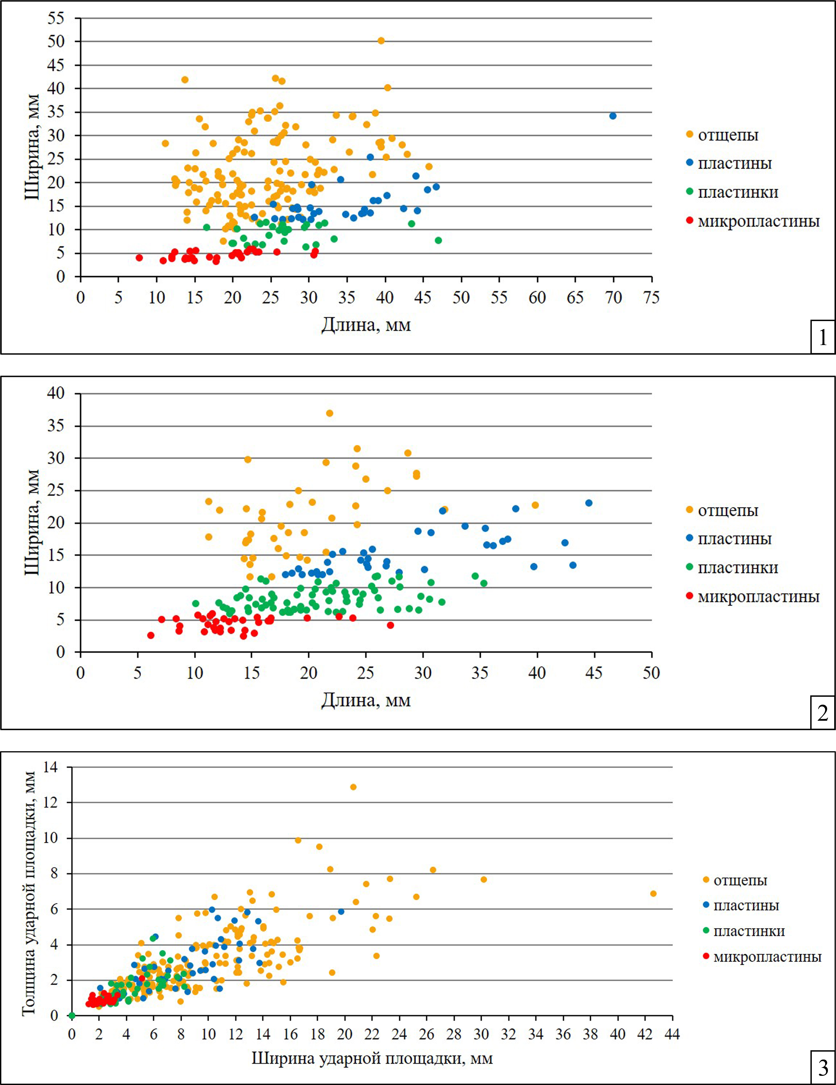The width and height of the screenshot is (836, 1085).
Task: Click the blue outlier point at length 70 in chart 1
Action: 613,116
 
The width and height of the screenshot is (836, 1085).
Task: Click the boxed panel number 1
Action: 822,338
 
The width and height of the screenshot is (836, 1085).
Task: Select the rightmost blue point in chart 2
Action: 589,503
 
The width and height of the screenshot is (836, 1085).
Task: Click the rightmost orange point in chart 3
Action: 653,894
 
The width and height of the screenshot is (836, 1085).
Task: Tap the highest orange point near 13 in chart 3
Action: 353,787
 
